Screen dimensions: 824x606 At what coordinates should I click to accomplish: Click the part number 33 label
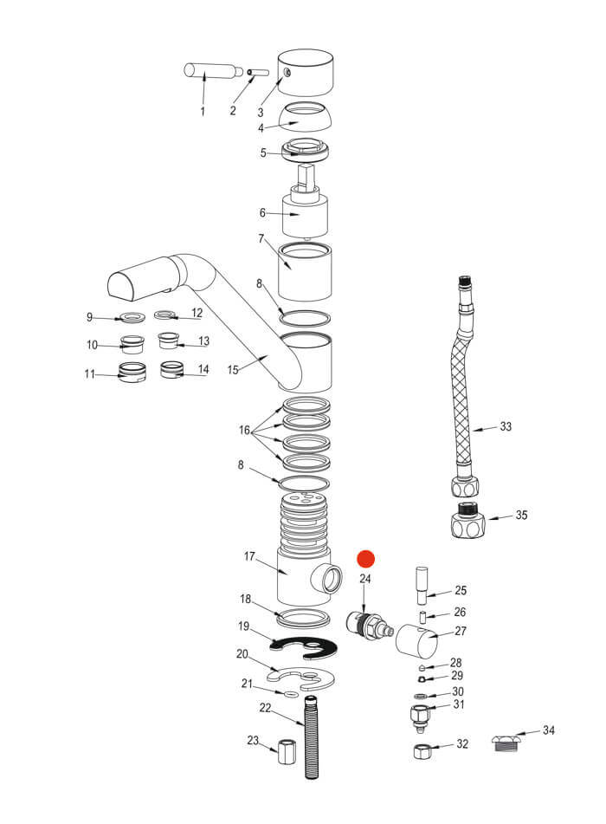(x=506, y=426)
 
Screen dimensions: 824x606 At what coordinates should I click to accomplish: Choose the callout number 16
(x=245, y=431)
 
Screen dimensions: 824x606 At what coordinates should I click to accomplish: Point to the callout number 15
(x=232, y=370)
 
